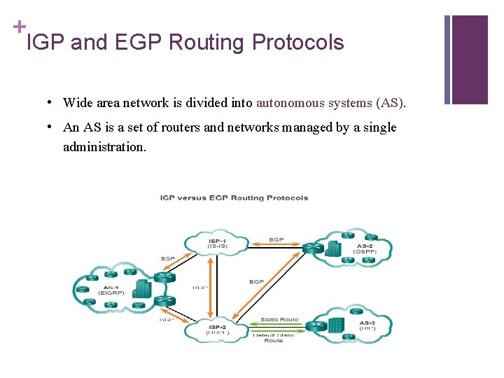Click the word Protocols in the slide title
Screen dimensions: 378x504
(297, 43)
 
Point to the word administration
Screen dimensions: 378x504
(104, 147)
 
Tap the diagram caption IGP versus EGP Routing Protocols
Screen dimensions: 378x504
(234, 197)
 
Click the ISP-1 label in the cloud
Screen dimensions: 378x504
(218, 243)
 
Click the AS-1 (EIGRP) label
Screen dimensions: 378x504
(110, 290)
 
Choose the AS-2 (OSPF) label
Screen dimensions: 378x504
(365, 249)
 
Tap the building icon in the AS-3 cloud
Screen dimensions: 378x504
(337, 325)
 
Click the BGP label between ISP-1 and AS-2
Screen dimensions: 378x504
(276, 240)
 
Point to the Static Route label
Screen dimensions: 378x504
(279, 320)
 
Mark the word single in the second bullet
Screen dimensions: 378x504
(380, 127)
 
